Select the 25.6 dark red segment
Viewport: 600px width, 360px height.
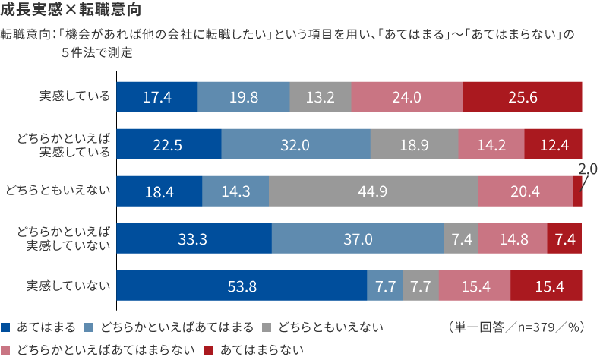pyautogui.click(x=523, y=97)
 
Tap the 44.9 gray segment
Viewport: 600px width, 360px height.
pyautogui.click(x=374, y=191)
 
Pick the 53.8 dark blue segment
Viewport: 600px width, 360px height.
pyautogui.click(x=242, y=286)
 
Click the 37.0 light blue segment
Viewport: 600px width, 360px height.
pyautogui.click(x=358, y=238)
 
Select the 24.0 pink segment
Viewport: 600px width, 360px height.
pyautogui.click(x=407, y=97)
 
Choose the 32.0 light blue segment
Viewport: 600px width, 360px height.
pyautogui.click(x=295, y=144)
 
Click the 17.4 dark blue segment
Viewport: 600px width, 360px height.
pyautogui.click(x=157, y=97)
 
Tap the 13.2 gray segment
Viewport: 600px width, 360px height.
pyautogui.click(x=321, y=97)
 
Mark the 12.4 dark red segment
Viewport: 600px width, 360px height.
pyautogui.click(x=553, y=144)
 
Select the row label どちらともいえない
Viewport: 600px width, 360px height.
pyautogui.click(x=58, y=191)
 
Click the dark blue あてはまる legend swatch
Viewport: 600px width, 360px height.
pyautogui.click(x=6, y=327)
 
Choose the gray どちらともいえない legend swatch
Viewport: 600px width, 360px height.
pyautogui.click(x=267, y=327)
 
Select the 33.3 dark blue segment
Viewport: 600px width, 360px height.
pyautogui.click(x=194, y=238)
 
